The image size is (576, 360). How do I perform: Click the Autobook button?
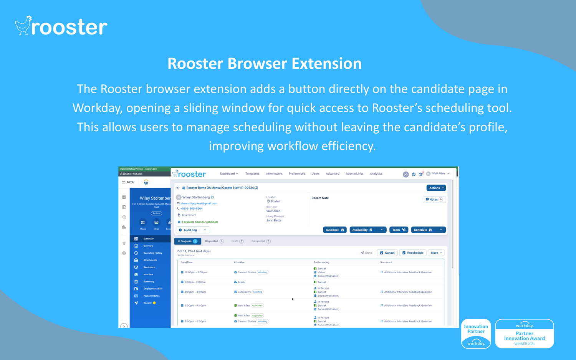[334, 230]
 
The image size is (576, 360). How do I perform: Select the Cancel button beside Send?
[387, 253]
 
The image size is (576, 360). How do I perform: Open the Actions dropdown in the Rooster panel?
[436, 188]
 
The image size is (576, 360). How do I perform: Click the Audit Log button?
[188, 230]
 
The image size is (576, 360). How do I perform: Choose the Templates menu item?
[252, 173]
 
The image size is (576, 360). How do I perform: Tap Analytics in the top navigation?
[376, 173]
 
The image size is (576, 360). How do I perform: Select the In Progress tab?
[187, 241]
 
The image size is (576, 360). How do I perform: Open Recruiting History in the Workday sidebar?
[152, 253]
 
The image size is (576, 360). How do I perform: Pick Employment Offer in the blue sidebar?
[152, 289]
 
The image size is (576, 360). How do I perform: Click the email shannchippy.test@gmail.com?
[199, 203]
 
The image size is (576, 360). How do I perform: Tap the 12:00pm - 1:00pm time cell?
[195, 272]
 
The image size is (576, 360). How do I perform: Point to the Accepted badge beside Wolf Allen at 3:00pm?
[257, 306]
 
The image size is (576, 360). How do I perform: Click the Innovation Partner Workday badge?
[476, 334]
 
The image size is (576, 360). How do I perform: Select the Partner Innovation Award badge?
[524, 334]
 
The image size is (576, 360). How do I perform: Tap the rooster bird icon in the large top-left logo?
[23, 26]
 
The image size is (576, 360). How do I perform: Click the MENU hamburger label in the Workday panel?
[128, 182]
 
